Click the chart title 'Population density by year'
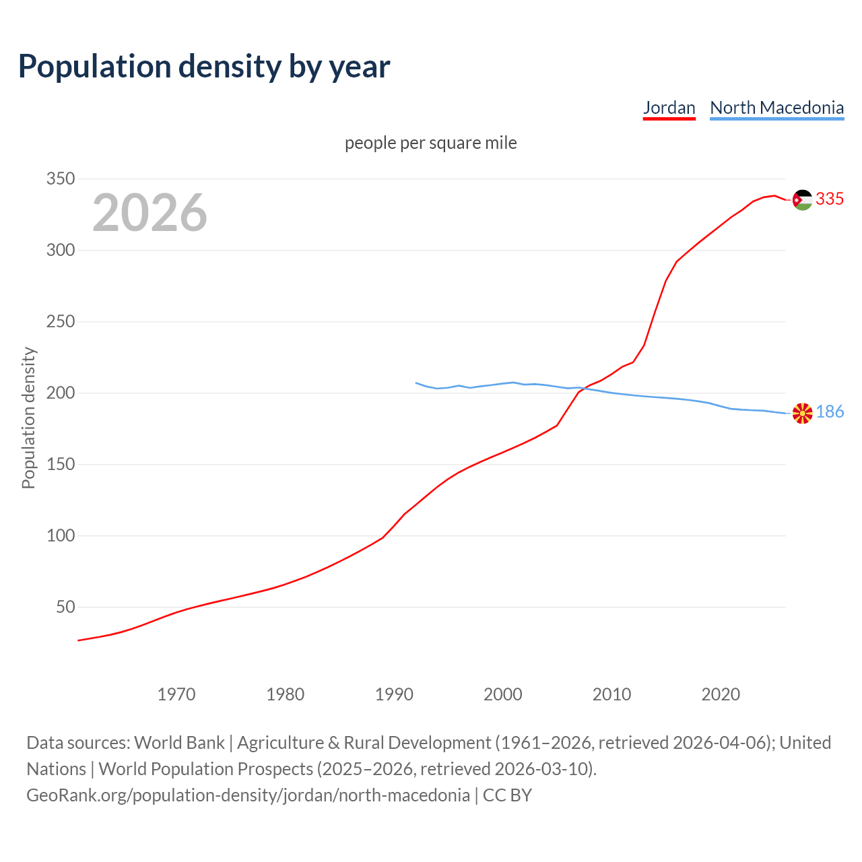click(x=204, y=66)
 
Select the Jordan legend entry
click(x=669, y=108)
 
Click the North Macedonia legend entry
click(x=776, y=108)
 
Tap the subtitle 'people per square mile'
click(x=430, y=143)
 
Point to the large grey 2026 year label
click(x=150, y=213)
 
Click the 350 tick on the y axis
click(x=60, y=179)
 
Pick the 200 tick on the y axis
click(x=60, y=393)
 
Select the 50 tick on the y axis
click(x=65, y=607)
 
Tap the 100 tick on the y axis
click(x=60, y=536)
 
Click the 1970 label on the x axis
click(x=176, y=694)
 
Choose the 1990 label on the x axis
click(x=394, y=694)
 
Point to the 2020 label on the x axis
click(x=721, y=694)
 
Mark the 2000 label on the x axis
click(x=503, y=694)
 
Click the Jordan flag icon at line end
click(x=802, y=200)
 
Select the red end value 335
click(x=830, y=199)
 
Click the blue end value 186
click(x=830, y=412)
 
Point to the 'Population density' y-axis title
click(x=28, y=418)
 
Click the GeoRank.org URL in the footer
click(x=248, y=795)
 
